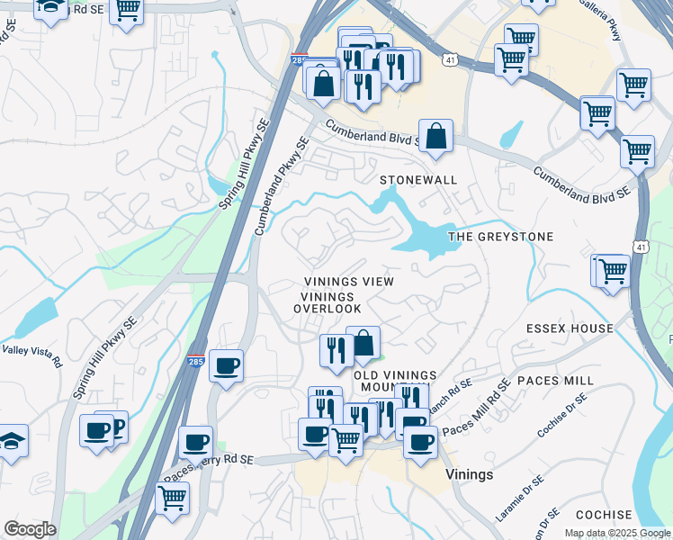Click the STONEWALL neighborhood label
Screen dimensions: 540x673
tap(418, 180)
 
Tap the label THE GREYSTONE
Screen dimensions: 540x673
tap(500, 237)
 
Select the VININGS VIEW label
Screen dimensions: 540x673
tap(348, 282)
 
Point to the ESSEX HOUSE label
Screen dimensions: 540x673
tap(570, 328)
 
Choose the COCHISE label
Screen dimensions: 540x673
tap(604, 515)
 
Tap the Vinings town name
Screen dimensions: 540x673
tap(469, 473)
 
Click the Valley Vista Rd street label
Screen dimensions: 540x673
tap(31, 355)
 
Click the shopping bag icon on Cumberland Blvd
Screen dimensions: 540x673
tap(435, 136)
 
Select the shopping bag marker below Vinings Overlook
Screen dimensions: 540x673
tap(363, 343)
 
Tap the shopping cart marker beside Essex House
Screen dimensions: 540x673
tap(613, 269)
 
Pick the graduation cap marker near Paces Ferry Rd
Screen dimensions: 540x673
tap(12, 440)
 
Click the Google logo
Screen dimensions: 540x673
tap(29, 529)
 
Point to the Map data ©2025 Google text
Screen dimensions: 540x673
tap(616, 533)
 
